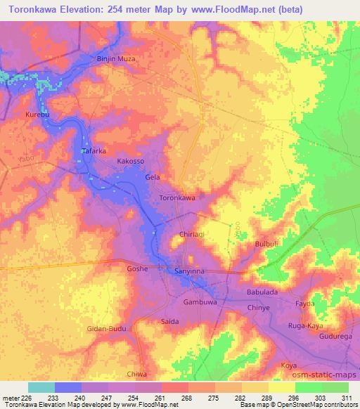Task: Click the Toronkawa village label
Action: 177,198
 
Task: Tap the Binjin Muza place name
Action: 115,58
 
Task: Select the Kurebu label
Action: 37,113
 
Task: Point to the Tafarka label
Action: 94,150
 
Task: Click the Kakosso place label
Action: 130,161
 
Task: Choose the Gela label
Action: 153,177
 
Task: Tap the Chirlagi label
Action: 192,235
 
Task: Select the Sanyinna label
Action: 188,270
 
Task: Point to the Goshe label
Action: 136,268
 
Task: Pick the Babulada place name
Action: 264,292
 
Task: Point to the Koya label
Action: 288,365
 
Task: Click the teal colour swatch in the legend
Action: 41,387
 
